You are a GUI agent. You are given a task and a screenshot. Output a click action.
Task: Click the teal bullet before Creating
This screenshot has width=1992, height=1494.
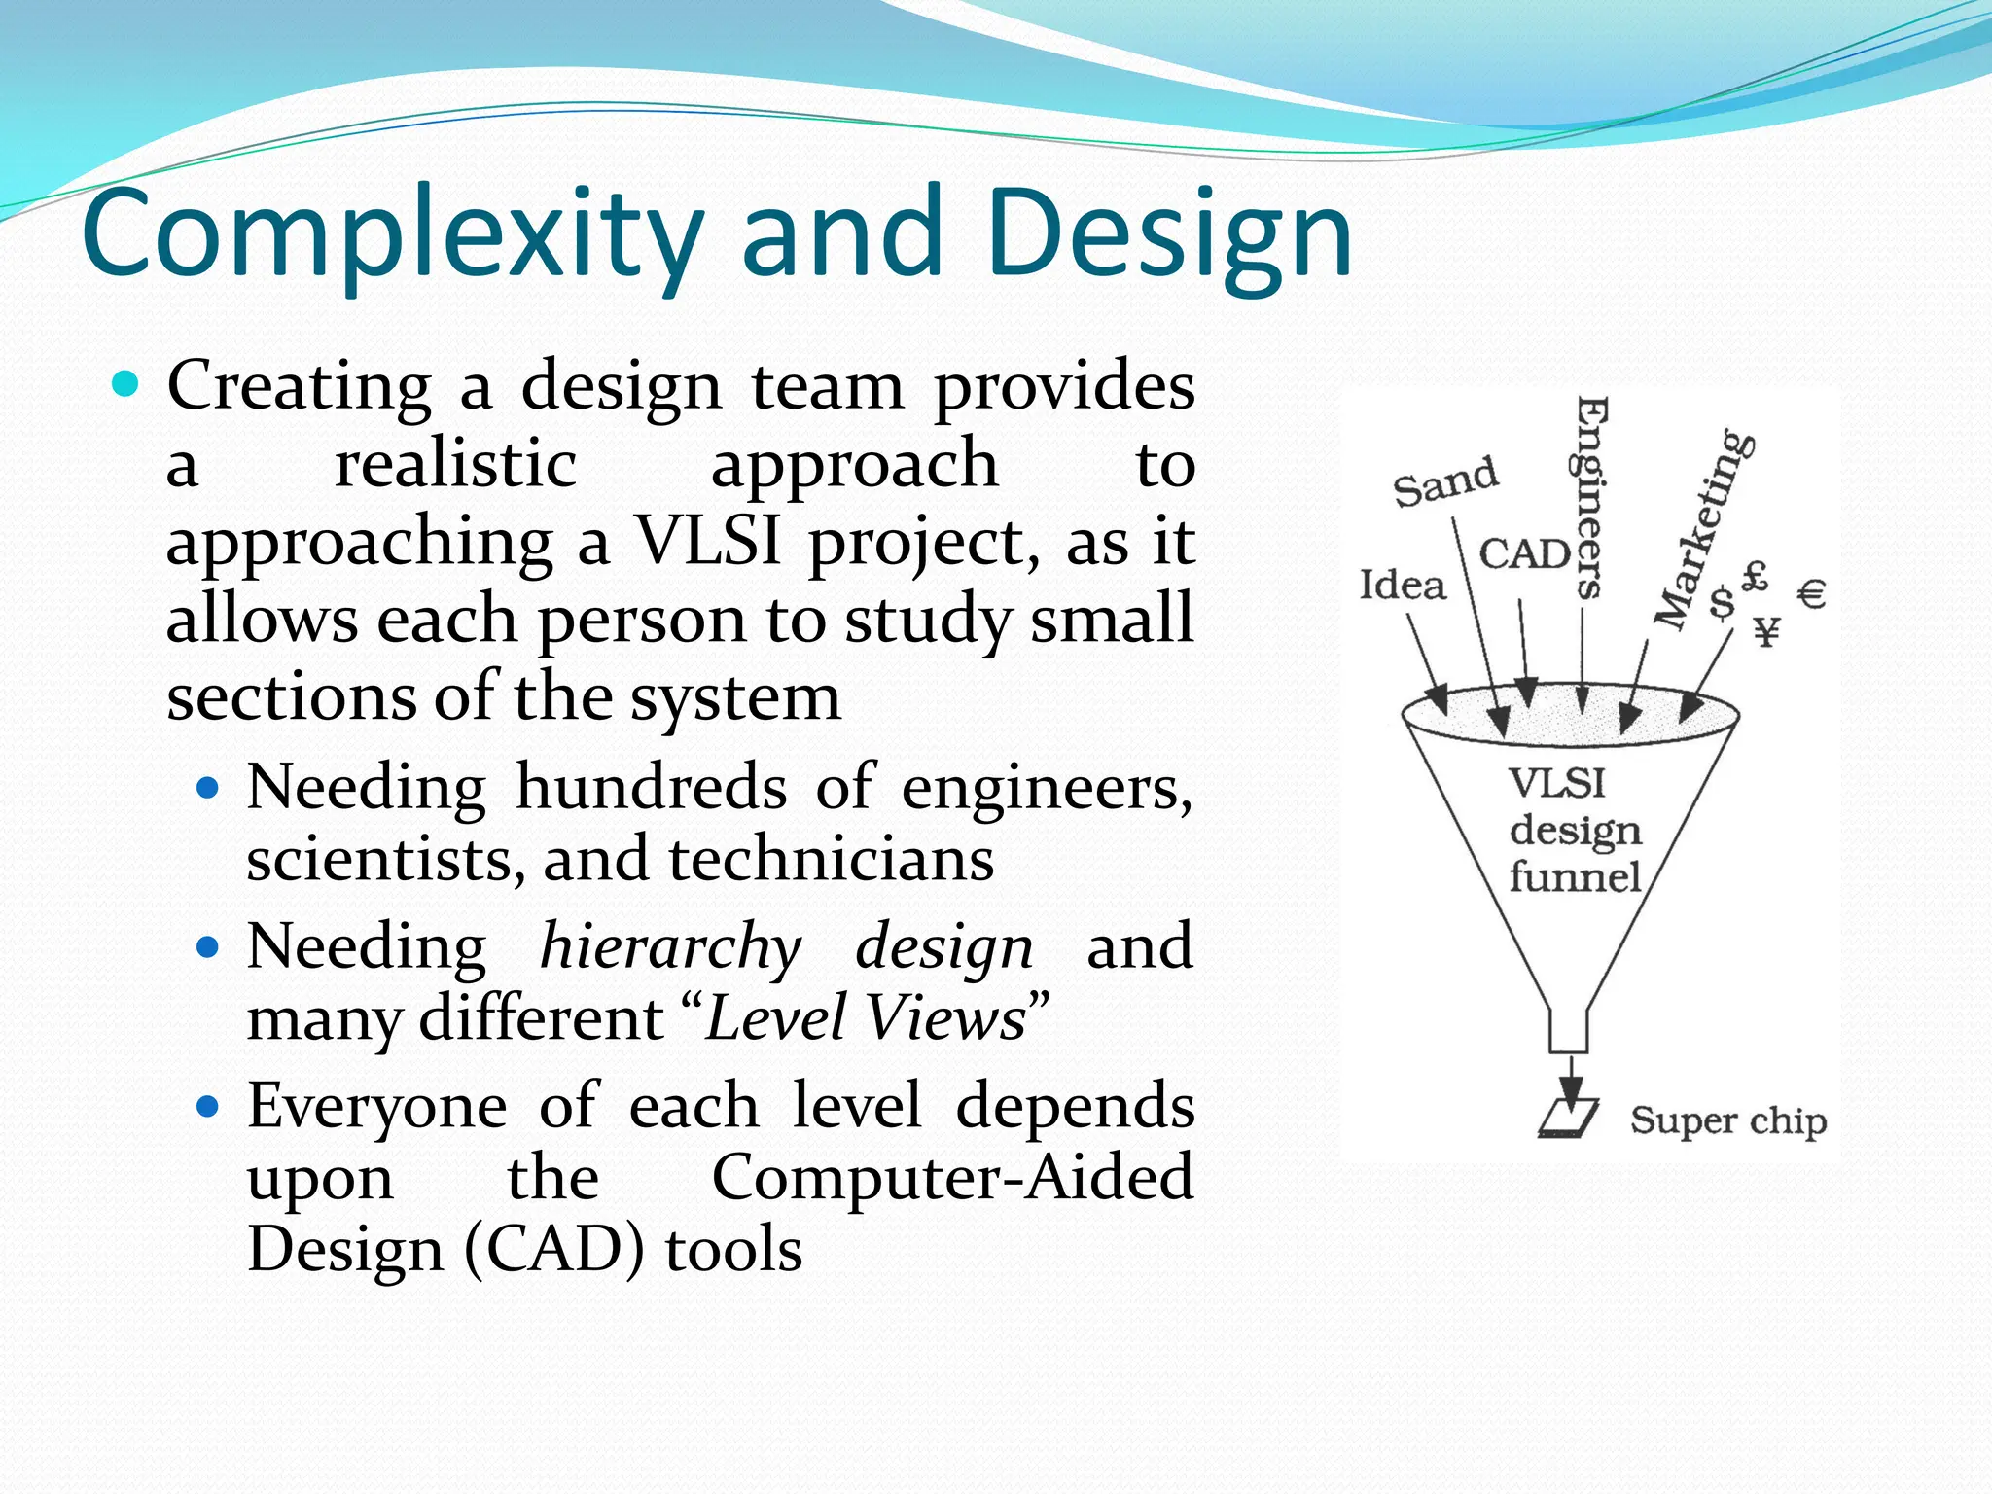pyautogui.click(x=125, y=384)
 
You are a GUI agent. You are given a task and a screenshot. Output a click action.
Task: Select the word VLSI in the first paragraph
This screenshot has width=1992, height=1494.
pyautogui.click(x=707, y=541)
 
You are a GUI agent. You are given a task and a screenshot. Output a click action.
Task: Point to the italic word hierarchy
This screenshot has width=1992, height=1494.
pyautogui.click(x=671, y=945)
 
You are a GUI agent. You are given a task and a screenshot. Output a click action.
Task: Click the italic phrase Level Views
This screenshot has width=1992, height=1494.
pyautogui.click(x=866, y=1018)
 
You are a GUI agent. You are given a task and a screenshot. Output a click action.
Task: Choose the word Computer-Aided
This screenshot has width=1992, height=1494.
pyautogui.click(x=952, y=1177)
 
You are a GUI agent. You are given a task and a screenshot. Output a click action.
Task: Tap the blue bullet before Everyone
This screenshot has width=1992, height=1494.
pyautogui.click(x=207, y=1106)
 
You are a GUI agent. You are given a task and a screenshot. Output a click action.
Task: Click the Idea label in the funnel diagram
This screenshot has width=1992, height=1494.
pyautogui.click(x=1402, y=586)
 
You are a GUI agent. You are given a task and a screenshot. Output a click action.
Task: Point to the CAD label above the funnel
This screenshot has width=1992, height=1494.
pyautogui.click(x=1523, y=554)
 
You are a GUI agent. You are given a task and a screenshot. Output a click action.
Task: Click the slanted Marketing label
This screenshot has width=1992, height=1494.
pyautogui.click(x=1704, y=530)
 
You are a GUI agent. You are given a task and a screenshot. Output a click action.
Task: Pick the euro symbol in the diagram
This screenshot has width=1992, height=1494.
pyautogui.click(x=1811, y=593)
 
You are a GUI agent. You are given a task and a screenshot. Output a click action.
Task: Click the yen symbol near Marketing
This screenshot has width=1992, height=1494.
pyautogui.click(x=1767, y=632)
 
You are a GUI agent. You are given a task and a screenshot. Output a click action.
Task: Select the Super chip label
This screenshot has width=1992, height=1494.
pyautogui.click(x=1727, y=1120)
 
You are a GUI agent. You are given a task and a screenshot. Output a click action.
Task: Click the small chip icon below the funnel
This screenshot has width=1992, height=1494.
pyautogui.click(x=1568, y=1118)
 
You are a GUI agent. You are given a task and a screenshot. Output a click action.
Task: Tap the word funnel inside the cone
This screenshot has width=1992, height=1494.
pyautogui.click(x=1574, y=877)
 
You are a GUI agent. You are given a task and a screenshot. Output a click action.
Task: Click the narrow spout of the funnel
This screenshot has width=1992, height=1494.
pyautogui.click(x=1568, y=1031)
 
